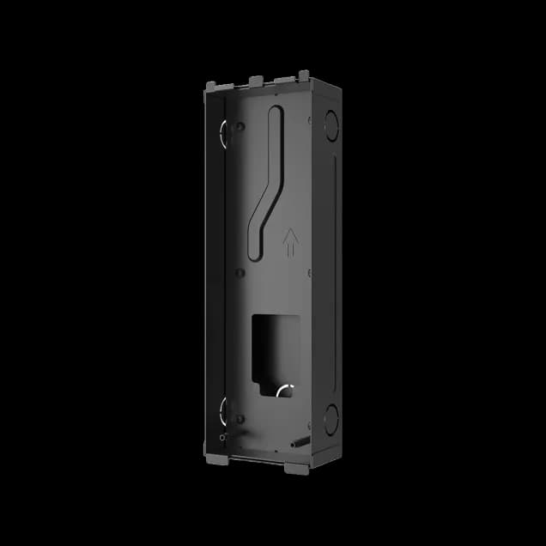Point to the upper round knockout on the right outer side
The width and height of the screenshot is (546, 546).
[x=331, y=121]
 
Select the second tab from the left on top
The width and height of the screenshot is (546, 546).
[x=254, y=81]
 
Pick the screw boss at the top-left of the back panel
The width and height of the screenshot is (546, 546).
[x=240, y=127]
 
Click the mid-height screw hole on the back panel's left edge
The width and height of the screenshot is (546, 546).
[x=240, y=274]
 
